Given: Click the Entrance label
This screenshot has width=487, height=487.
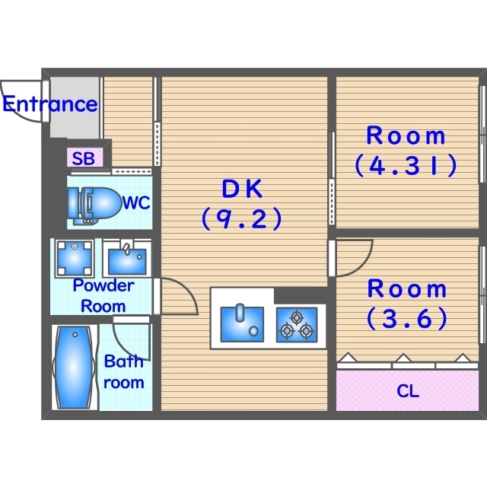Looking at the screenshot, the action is pos(50,104).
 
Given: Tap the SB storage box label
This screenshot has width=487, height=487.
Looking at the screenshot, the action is pos(84,158).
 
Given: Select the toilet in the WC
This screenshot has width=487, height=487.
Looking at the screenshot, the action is pos(94,205).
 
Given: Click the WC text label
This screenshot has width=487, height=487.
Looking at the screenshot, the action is pos(136,203).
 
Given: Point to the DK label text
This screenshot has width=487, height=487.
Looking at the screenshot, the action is pos(242,189).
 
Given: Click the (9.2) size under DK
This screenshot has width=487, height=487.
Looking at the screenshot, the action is pos(242,218).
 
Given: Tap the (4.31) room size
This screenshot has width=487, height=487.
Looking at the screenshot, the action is pos(406,165).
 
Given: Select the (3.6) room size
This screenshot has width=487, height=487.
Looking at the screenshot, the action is pos(407,318).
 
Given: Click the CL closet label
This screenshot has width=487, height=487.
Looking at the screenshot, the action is pos(408,391).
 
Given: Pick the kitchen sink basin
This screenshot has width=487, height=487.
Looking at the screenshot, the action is pos(242,324).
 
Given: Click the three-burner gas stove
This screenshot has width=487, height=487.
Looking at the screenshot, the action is pos(297,325).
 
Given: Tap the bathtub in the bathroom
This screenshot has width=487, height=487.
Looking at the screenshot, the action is pos(75,368).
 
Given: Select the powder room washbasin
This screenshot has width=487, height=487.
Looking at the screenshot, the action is pos(127,259).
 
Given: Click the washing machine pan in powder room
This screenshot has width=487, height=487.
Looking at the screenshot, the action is pos(75,259).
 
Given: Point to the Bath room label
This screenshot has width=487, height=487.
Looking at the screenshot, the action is pos(123,372).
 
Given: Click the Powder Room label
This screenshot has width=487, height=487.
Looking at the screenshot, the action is pos(103,296).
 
